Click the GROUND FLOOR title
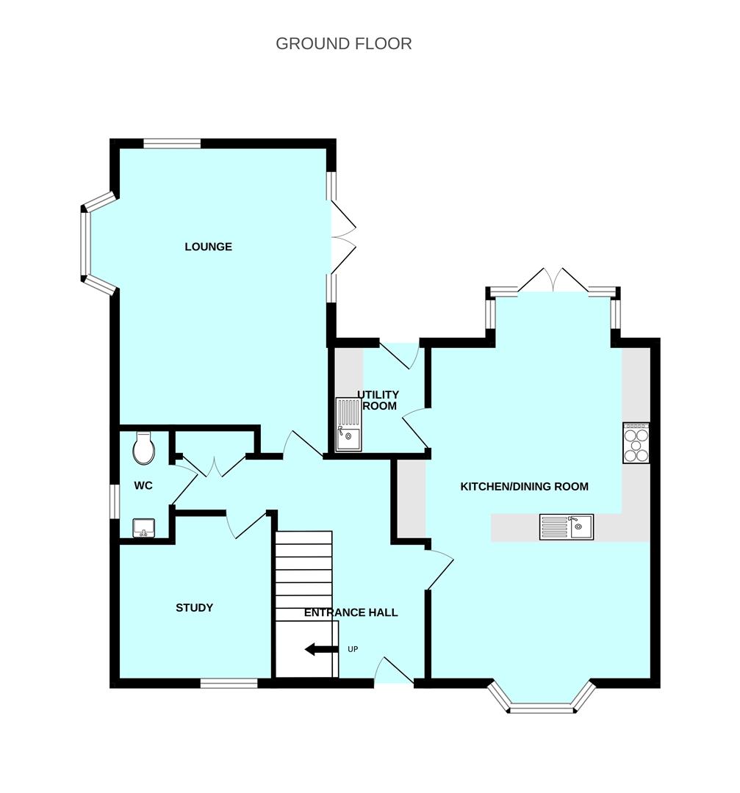click(x=343, y=44)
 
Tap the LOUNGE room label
click(x=208, y=247)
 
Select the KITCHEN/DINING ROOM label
click(x=524, y=486)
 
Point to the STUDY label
click(x=194, y=608)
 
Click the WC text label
click(x=143, y=486)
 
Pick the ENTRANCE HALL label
click(x=351, y=612)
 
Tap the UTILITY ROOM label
click(x=378, y=400)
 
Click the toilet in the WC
click(x=144, y=448)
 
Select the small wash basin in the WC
click(x=143, y=528)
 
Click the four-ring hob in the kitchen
click(x=636, y=443)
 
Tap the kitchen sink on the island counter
click(x=567, y=526)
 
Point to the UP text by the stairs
click(x=353, y=649)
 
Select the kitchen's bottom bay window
click(x=542, y=707)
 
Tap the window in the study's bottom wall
click(x=229, y=684)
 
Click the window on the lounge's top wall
click(x=172, y=144)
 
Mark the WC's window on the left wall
click(x=114, y=501)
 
